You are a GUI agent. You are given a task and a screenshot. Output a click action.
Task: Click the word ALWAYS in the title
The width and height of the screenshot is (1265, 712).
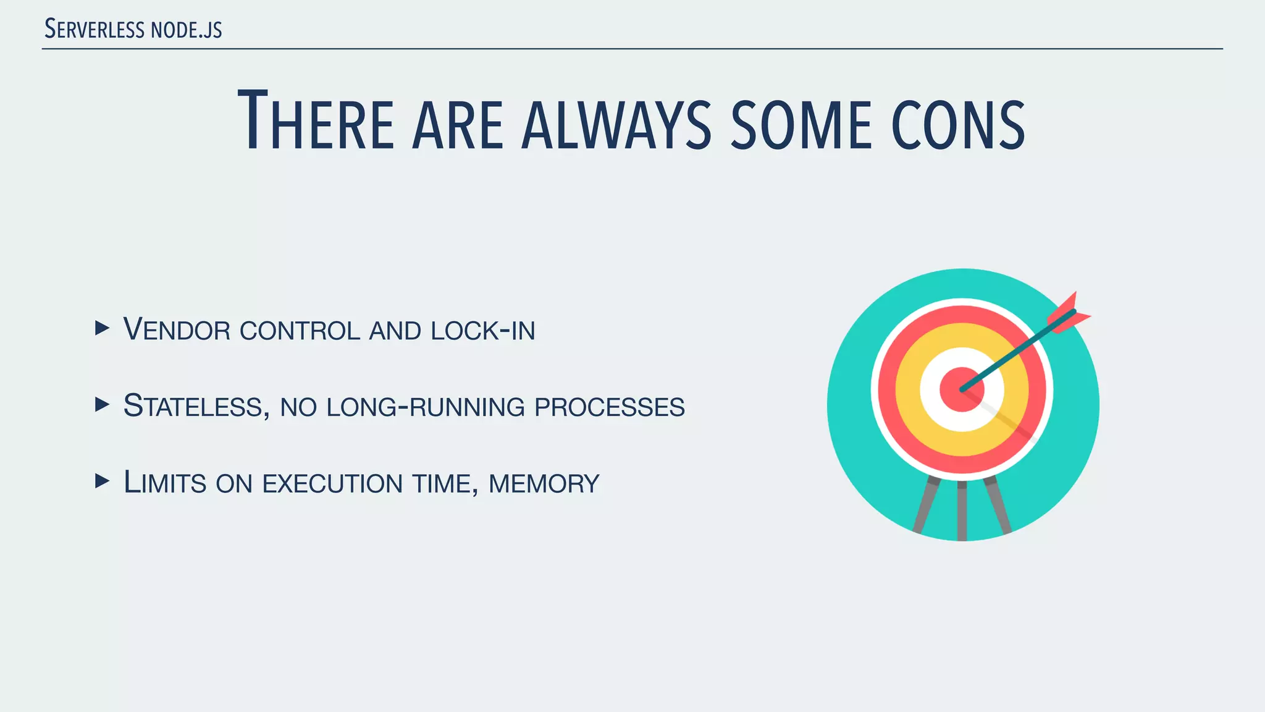click(616, 124)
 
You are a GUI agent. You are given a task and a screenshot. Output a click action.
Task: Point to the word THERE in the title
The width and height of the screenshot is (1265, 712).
click(316, 121)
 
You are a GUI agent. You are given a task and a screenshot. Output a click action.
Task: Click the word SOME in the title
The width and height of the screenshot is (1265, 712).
click(801, 124)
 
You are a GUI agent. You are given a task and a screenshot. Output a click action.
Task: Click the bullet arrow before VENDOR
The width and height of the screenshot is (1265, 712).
click(102, 328)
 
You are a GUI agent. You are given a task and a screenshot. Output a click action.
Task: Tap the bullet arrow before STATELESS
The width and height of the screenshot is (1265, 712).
click(102, 405)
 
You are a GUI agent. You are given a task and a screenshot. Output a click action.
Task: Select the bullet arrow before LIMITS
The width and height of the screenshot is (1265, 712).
click(102, 481)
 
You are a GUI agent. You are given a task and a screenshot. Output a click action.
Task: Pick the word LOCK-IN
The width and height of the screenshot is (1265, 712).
click(483, 331)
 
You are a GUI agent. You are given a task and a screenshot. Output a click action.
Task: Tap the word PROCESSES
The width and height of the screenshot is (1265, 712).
click(610, 407)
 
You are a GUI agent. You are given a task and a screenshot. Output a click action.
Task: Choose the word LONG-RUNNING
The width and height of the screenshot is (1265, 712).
click(426, 407)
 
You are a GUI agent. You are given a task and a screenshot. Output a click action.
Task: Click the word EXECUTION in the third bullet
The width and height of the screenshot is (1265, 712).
click(333, 483)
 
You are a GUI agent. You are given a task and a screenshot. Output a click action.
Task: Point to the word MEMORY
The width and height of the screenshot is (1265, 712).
click(544, 483)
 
